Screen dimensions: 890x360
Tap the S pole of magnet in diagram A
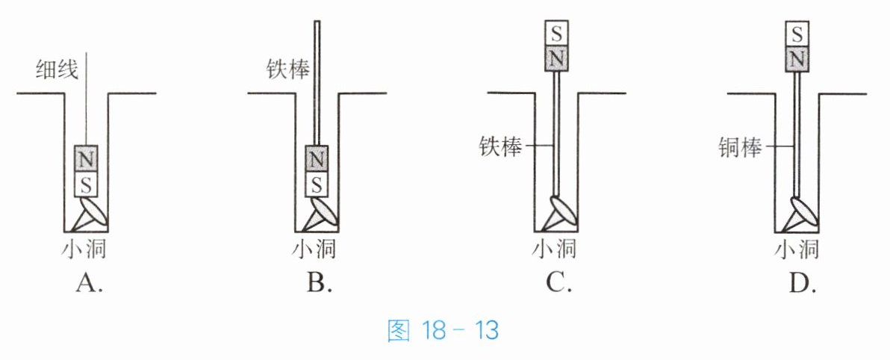pos(86,184)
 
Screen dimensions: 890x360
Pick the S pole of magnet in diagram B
pos(317,184)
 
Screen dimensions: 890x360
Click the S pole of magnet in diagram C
pos(557,34)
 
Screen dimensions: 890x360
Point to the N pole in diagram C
pos(557,58)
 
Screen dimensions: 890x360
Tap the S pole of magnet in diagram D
pos(797,34)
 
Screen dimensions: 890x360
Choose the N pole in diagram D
pos(797,58)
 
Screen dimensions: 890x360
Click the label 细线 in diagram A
pos(57,70)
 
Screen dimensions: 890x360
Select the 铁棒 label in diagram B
pos(288,69)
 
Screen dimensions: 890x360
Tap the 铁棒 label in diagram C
pos(500,147)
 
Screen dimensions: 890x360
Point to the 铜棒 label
pos(740,147)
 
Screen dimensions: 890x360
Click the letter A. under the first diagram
pos(89,282)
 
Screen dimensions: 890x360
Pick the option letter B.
pos(319,282)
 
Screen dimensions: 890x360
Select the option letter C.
pos(558,282)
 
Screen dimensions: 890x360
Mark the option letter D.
pos(802,282)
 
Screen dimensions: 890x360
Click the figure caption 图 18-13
pos(443,330)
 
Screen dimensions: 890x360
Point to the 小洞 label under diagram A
pos(84,248)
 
